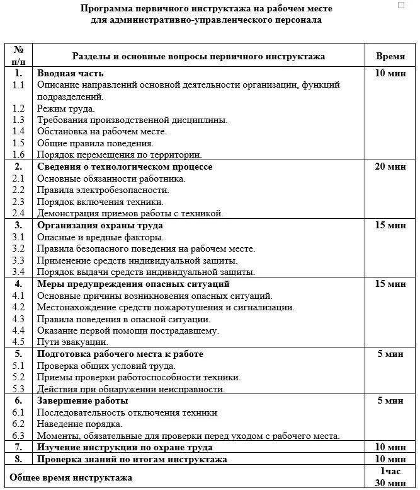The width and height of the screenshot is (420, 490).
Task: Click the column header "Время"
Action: pyautogui.click(x=390, y=55)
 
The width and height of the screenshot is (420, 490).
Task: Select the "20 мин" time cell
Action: pyautogui.click(x=390, y=166)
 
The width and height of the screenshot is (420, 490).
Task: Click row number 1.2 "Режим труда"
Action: pyautogui.click(x=18, y=108)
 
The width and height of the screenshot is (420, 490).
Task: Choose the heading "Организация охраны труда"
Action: pyautogui.click(x=99, y=225)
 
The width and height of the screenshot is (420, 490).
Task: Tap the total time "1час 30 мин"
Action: pyautogui.click(x=390, y=477)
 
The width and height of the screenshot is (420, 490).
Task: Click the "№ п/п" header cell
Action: pyautogui.click(x=18, y=55)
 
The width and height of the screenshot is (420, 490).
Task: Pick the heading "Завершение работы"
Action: pyautogui.click(x=82, y=400)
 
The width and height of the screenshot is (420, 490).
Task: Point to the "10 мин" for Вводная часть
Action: pyautogui.click(x=390, y=73)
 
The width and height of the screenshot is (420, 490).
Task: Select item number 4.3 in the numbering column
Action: pyautogui.click(x=18, y=318)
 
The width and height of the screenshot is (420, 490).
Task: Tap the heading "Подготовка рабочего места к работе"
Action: pyautogui.click(x=120, y=354)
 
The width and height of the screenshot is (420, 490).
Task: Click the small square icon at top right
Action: pyautogui.click(x=402, y=6)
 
